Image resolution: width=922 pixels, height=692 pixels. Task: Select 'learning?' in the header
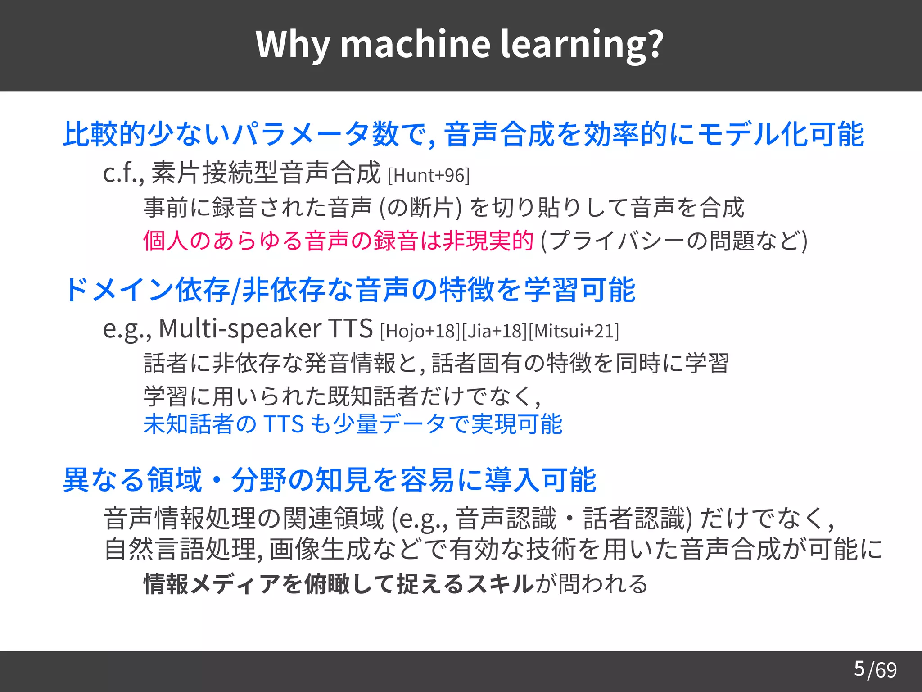pyautogui.click(x=582, y=45)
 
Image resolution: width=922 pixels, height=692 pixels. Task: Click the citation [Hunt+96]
pyautogui.click(x=429, y=176)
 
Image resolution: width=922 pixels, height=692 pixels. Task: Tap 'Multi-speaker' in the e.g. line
pyautogui.click(x=240, y=329)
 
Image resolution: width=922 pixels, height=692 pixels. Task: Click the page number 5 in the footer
pyautogui.click(x=859, y=669)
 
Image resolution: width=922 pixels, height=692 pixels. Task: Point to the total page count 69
pyautogui.click(x=886, y=670)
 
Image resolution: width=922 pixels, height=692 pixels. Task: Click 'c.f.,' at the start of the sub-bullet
pyautogui.click(x=123, y=173)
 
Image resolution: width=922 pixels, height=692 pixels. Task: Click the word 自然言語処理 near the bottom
pyautogui.click(x=180, y=550)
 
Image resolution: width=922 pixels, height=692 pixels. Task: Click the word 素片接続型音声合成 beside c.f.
pyautogui.click(x=266, y=173)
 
